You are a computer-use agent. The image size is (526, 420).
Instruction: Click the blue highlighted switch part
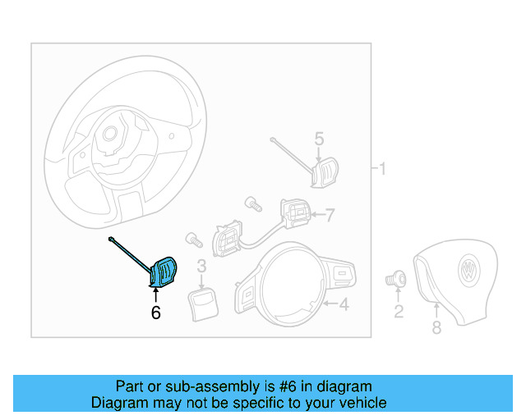click(164, 272)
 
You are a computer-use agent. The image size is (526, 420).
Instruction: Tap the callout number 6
click(155, 312)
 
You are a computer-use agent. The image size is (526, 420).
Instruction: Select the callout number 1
click(382, 169)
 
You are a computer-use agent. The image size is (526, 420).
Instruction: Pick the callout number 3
click(201, 266)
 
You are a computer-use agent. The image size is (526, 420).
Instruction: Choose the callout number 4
click(344, 305)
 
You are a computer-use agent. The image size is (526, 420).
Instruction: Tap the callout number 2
click(399, 311)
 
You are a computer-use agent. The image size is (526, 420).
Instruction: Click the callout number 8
click(436, 328)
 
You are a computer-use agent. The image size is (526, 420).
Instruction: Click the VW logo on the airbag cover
click(468, 271)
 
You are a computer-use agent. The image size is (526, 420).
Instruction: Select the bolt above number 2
click(396, 279)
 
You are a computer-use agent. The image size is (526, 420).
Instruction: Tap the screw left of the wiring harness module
click(194, 240)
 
